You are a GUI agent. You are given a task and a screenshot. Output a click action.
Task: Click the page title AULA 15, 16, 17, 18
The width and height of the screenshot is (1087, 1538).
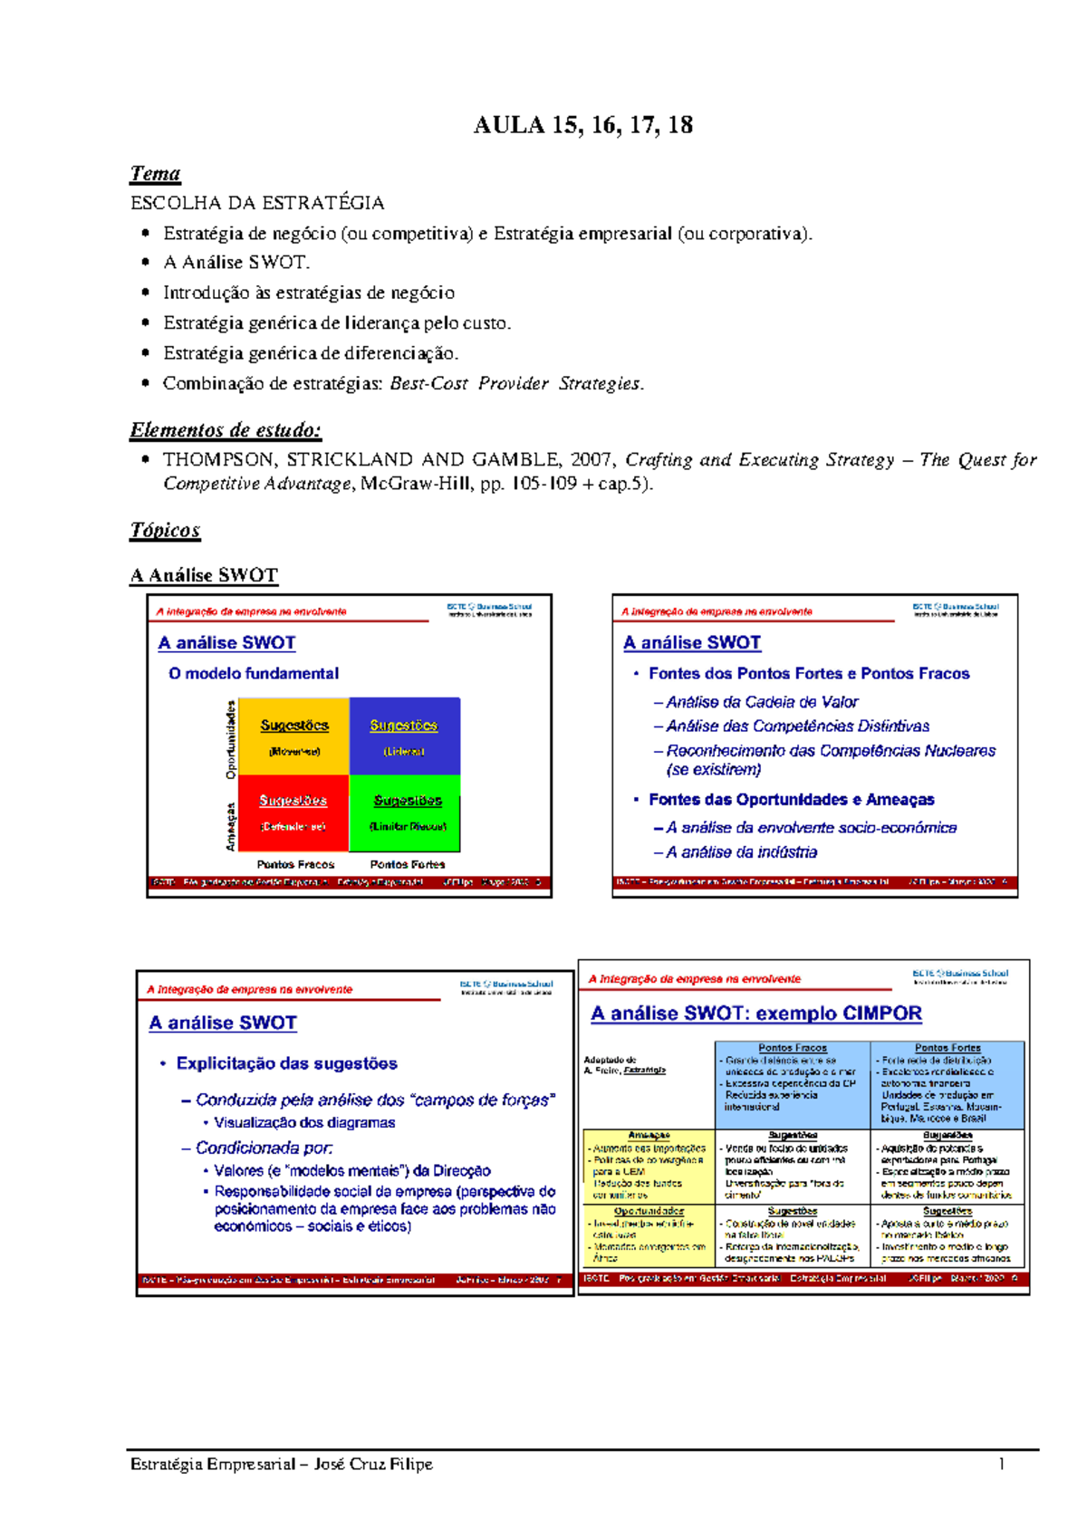tap(582, 125)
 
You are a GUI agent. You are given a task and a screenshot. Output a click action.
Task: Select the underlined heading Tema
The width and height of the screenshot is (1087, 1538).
tap(155, 173)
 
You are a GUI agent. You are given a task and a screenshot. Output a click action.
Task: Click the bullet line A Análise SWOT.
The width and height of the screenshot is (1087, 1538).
tap(236, 263)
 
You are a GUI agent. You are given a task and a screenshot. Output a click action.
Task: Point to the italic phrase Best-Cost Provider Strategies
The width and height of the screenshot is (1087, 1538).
tap(516, 383)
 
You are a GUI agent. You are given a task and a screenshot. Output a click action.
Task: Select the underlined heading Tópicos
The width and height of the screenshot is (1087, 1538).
tap(165, 530)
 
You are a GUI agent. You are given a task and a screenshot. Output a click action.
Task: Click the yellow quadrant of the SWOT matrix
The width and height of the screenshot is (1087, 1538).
tap(294, 735)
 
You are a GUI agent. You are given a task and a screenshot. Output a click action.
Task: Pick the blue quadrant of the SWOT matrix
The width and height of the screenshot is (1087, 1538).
tap(404, 735)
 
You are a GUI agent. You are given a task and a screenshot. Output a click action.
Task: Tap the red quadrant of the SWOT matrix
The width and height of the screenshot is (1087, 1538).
tap(293, 812)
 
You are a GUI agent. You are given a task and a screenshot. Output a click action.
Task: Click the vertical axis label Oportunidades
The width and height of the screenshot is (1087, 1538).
tap(231, 739)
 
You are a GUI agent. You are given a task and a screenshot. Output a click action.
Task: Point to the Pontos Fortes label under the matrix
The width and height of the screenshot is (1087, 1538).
tap(407, 864)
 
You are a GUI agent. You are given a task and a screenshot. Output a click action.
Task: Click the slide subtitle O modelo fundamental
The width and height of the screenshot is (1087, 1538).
tap(254, 673)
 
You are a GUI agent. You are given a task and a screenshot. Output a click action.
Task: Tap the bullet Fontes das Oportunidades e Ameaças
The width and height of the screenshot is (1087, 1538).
tap(791, 800)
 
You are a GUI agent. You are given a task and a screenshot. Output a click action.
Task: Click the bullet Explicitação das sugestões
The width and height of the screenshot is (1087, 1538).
tap(286, 1063)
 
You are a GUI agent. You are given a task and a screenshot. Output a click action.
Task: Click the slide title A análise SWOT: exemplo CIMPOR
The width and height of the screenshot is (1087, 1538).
tap(756, 1014)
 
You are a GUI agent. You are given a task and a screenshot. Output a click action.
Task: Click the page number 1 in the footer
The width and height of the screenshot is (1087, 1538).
tap(1002, 1464)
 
